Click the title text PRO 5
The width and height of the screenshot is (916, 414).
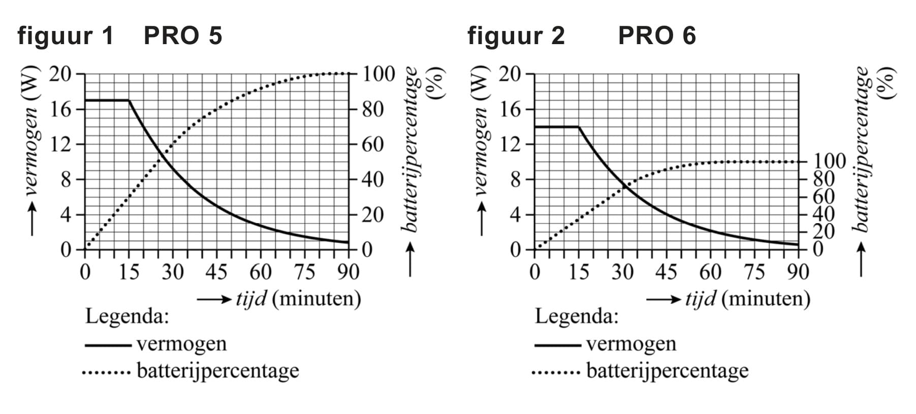point(183,36)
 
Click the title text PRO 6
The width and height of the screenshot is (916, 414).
point(656,36)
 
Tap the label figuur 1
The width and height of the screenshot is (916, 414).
point(66,36)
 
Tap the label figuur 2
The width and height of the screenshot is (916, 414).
point(516,36)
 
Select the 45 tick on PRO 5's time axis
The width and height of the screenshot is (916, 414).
point(216,272)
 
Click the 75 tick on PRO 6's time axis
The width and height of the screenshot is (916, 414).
point(754,272)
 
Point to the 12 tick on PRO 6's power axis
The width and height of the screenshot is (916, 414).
point(511,145)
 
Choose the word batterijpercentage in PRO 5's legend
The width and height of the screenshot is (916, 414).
point(218,371)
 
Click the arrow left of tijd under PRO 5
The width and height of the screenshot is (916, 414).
point(213,299)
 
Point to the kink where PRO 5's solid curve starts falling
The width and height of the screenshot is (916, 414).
point(129,100)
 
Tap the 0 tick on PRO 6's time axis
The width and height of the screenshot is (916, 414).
point(534,272)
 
